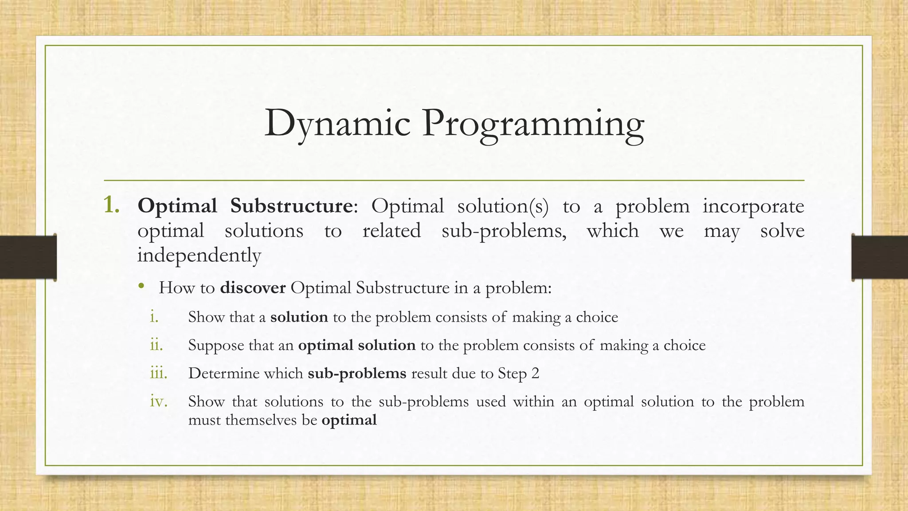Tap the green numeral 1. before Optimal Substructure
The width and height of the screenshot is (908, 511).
pyautogui.click(x=111, y=205)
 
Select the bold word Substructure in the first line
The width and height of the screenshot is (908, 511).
pyautogui.click(x=291, y=206)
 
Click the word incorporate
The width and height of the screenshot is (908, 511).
pyautogui.click(x=753, y=207)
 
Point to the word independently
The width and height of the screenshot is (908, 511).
pyautogui.click(x=199, y=255)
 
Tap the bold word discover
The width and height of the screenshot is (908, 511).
pyautogui.click(x=253, y=288)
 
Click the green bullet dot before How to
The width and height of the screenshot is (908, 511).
pyautogui.click(x=141, y=286)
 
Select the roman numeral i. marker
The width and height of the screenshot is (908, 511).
pyautogui.click(x=154, y=317)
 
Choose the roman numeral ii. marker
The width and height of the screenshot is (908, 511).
pyautogui.click(x=157, y=345)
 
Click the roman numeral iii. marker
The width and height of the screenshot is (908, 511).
pyautogui.click(x=159, y=373)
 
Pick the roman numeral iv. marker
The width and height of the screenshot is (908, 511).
pyautogui.click(x=159, y=401)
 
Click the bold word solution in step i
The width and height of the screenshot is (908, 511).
pyautogui.click(x=299, y=317)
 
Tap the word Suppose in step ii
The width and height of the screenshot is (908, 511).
pyautogui.click(x=216, y=346)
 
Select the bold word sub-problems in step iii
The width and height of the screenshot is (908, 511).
pyautogui.click(x=357, y=373)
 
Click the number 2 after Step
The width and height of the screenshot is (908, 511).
pyautogui.click(x=535, y=373)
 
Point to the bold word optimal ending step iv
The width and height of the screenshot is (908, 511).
pyautogui.click(x=349, y=420)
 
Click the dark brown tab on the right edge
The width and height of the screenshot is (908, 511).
pyautogui.click(x=880, y=257)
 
